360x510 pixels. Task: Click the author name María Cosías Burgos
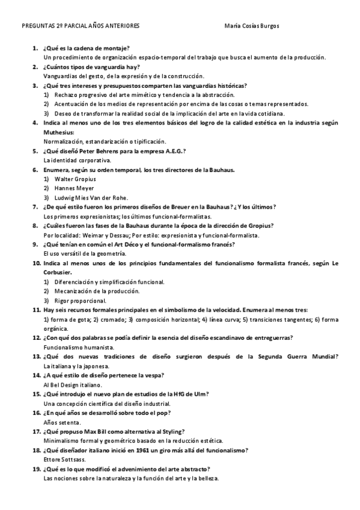tap(251, 27)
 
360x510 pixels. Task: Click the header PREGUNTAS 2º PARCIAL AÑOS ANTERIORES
tap(81, 27)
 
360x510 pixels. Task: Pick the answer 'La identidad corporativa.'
tap(78, 161)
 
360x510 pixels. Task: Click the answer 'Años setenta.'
tap(63, 422)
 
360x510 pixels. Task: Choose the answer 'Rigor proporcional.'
tap(81, 301)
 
